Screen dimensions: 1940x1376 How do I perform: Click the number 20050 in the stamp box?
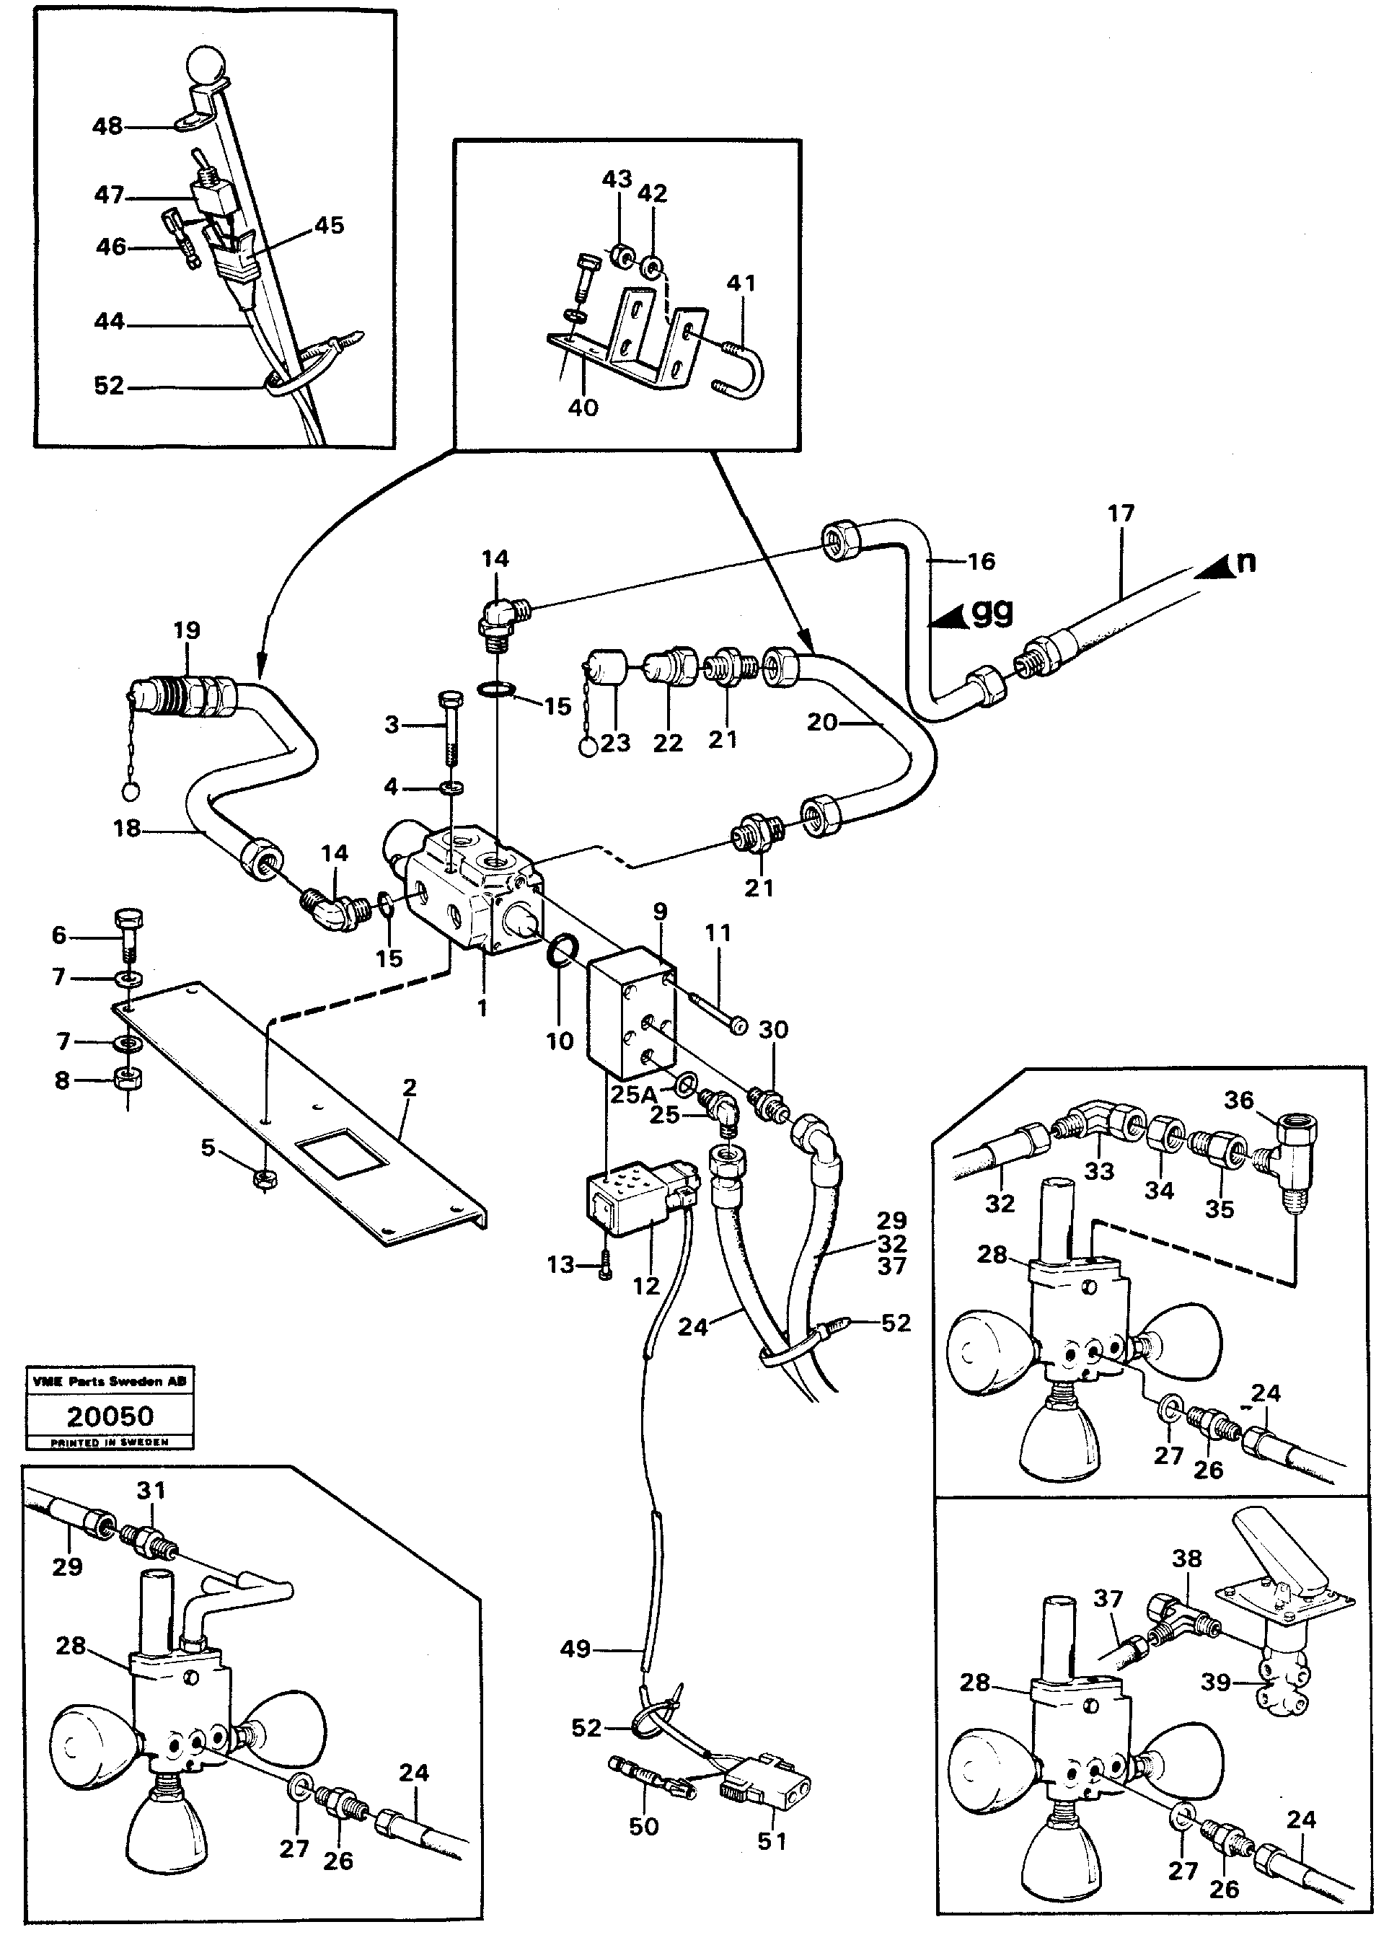(x=110, y=1416)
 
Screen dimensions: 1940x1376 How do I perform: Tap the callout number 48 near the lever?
(x=107, y=126)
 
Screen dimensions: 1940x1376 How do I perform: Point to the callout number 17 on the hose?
(x=1120, y=513)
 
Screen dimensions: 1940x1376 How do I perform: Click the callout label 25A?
(x=633, y=1094)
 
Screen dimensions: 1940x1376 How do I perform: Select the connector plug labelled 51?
(x=767, y=1789)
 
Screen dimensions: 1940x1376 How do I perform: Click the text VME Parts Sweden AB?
(x=110, y=1382)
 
